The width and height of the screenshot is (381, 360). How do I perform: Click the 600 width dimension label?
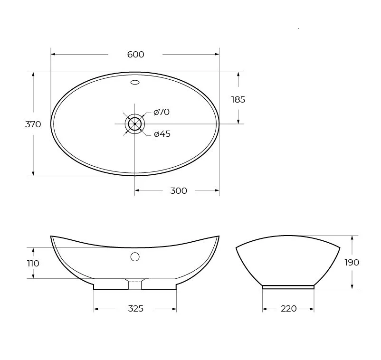point(135,55)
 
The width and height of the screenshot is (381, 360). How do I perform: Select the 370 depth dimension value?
point(33,124)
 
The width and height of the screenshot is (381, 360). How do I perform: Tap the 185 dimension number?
point(238,100)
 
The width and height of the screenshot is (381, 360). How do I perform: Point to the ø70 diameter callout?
point(162,112)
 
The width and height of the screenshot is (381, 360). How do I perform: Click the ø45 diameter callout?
point(162,134)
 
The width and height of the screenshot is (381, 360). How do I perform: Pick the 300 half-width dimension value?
point(178,191)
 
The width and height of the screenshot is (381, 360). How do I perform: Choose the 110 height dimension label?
point(33,264)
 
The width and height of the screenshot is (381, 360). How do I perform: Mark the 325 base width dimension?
point(135,309)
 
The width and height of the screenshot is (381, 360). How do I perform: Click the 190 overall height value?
point(352,263)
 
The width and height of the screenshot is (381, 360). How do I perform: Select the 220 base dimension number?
point(288,309)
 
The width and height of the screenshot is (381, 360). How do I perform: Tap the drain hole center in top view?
point(135,124)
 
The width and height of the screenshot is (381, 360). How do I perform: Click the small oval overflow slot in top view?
point(135,83)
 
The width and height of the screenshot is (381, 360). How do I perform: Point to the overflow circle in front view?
point(135,257)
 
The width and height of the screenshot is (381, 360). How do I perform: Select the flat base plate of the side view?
point(288,287)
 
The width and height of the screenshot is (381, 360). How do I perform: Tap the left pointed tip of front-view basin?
point(51,236)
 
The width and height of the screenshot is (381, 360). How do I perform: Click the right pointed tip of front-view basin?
point(219,236)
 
